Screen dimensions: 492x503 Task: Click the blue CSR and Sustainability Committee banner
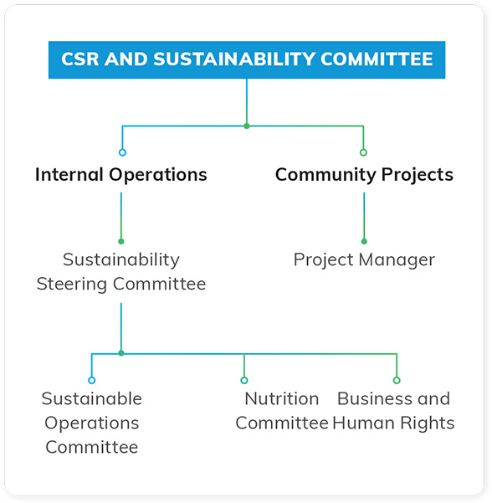tap(247, 59)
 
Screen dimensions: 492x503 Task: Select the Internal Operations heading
tap(121, 175)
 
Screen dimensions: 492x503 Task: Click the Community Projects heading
tap(364, 175)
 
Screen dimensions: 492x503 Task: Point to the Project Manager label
tap(364, 259)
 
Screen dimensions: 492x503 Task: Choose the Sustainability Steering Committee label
tap(121, 272)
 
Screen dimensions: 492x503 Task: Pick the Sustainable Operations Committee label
tap(92, 423)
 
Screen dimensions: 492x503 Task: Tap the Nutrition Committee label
tap(282, 411)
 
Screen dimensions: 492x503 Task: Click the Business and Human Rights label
tap(393, 411)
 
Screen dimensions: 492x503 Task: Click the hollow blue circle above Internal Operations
tap(122, 152)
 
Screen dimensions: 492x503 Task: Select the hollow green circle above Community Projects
tap(363, 152)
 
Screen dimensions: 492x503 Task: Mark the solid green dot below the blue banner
tap(247, 126)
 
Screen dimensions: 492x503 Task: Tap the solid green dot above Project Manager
tap(364, 241)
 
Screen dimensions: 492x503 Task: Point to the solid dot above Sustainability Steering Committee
tap(121, 241)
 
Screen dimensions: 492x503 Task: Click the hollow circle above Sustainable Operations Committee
tap(92, 381)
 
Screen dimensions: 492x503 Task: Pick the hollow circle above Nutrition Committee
tap(244, 381)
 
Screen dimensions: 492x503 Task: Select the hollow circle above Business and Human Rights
tap(397, 381)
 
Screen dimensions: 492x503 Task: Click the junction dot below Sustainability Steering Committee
tap(121, 353)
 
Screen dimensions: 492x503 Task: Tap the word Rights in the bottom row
tap(428, 423)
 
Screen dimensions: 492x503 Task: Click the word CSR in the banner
tap(80, 59)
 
